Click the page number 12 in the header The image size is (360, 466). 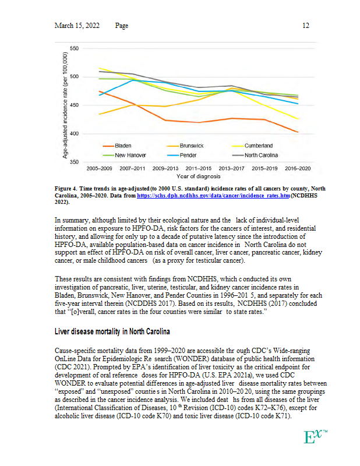(x=305, y=26)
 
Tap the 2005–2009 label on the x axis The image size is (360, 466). (x=100, y=168)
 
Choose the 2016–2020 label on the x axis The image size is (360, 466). (x=297, y=168)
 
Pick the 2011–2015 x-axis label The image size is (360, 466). (x=198, y=168)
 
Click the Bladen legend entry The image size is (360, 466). (x=122, y=146)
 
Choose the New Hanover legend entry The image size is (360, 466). (x=129, y=156)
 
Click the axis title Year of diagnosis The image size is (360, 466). (x=198, y=175)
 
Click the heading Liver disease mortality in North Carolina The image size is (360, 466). (x=112, y=332)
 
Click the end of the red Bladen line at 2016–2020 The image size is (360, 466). (x=297, y=132)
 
